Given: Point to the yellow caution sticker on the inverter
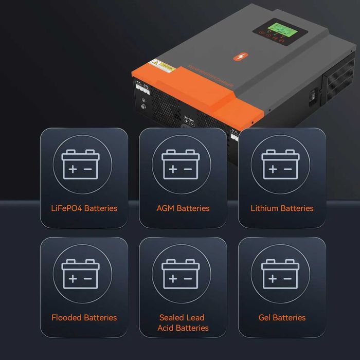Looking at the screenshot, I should pos(162,66).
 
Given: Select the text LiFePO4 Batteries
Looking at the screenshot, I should pos(84,208).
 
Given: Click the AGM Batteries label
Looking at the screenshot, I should pos(183,208).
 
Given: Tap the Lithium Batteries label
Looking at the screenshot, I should pos(282,208).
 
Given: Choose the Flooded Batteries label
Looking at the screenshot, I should pos(84,317).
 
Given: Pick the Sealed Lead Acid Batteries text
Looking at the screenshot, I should pos(183,322).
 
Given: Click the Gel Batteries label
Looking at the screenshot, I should pos(282,317).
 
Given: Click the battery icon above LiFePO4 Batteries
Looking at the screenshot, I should pos(80,165).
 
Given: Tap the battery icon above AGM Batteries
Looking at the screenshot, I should pos(181,165).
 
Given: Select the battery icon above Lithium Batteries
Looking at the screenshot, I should pos(280,165).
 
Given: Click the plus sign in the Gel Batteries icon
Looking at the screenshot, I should pos(273,278).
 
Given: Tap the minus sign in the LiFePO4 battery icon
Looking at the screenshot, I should pos(88,169).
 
